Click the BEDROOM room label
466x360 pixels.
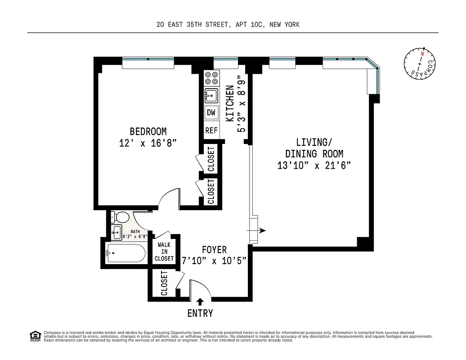click(148, 132)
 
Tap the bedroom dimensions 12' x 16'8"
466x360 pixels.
click(148, 144)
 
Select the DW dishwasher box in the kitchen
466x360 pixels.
click(211, 113)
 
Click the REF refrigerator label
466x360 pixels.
click(211, 131)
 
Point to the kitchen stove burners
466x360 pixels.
click(211, 78)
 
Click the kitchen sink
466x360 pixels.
click(211, 95)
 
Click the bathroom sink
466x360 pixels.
click(116, 234)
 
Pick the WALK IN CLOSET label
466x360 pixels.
click(164, 252)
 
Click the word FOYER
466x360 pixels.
click(214, 250)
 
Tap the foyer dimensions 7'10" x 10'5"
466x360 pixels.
click(214, 261)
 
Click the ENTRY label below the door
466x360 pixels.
click(200, 314)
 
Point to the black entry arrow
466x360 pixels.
click(200, 301)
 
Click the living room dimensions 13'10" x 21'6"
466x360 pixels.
click(314, 166)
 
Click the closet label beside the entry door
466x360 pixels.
click(164, 283)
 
